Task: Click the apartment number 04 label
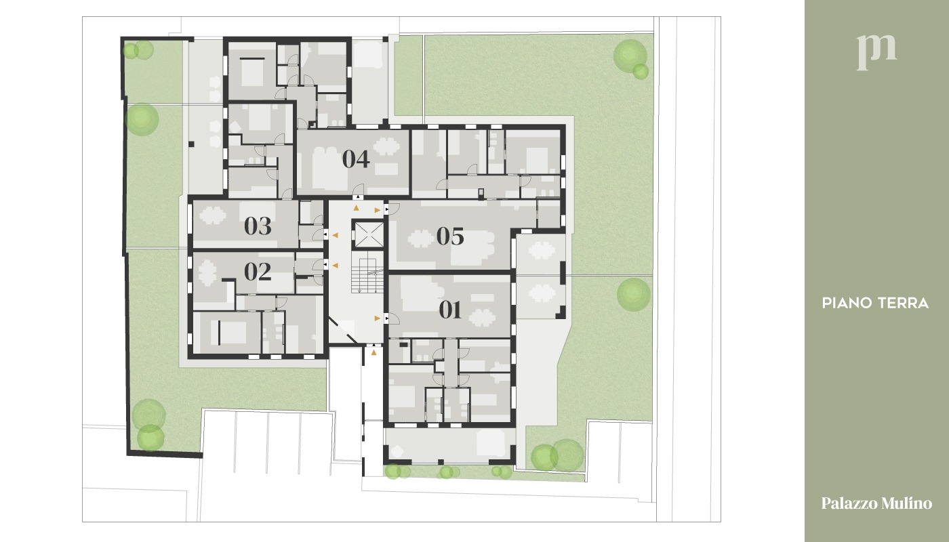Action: click(x=356, y=159)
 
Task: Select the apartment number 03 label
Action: click(x=258, y=226)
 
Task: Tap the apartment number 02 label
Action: click(x=258, y=272)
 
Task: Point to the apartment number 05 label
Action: click(x=450, y=236)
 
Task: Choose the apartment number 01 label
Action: click(x=450, y=310)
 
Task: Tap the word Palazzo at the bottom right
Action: click(x=849, y=503)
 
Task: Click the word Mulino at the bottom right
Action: click(x=907, y=503)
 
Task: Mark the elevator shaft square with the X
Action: click(x=369, y=234)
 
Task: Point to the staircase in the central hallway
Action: click(x=367, y=275)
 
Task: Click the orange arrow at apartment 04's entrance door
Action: click(x=357, y=208)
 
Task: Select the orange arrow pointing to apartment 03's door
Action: click(x=335, y=235)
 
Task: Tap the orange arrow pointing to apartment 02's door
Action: click(x=335, y=266)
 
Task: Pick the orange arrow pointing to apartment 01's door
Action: click(x=377, y=318)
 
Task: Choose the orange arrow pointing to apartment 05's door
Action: click(x=377, y=210)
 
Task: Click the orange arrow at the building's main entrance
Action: click(x=373, y=352)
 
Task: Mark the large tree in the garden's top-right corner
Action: click(x=630, y=56)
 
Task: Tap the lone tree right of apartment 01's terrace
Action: click(x=633, y=295)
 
